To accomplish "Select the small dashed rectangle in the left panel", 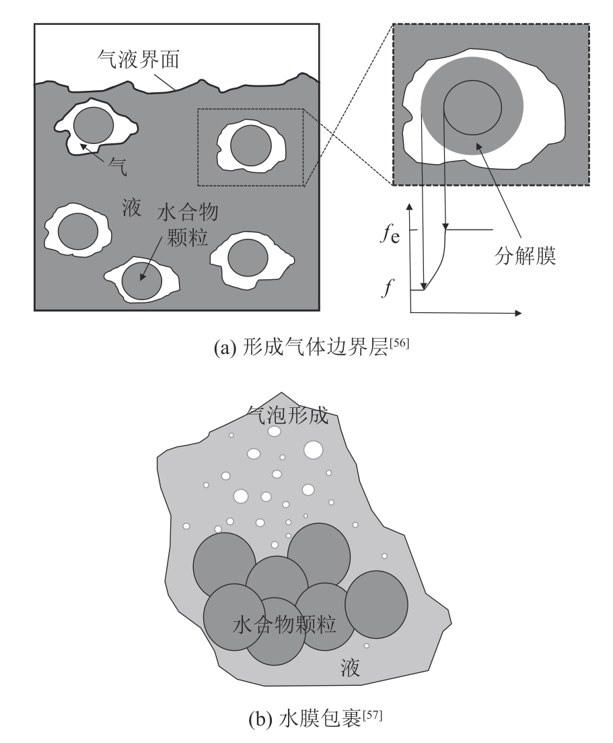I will click(x=250, y=147).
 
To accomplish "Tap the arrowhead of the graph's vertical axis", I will click(x=410, y=203).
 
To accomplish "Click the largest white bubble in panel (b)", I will click(x=314, y=449).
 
